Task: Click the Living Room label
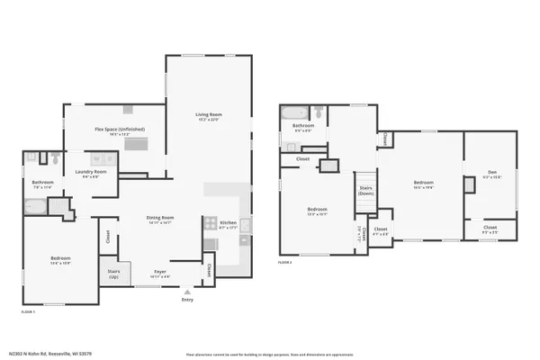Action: [209, 115]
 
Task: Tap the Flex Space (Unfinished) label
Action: [120, 130]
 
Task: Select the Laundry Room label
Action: [91, 172]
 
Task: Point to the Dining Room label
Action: [160, 218]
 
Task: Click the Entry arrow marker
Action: [186, 292]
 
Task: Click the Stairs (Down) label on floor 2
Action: [366, 190]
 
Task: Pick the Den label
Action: [491, 175]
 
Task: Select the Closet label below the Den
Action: [490, 228]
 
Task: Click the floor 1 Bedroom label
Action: [59, 260]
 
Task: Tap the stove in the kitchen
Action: [209, 223]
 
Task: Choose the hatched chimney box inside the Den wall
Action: [469, 184]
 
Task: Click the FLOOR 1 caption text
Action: [28, 311]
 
